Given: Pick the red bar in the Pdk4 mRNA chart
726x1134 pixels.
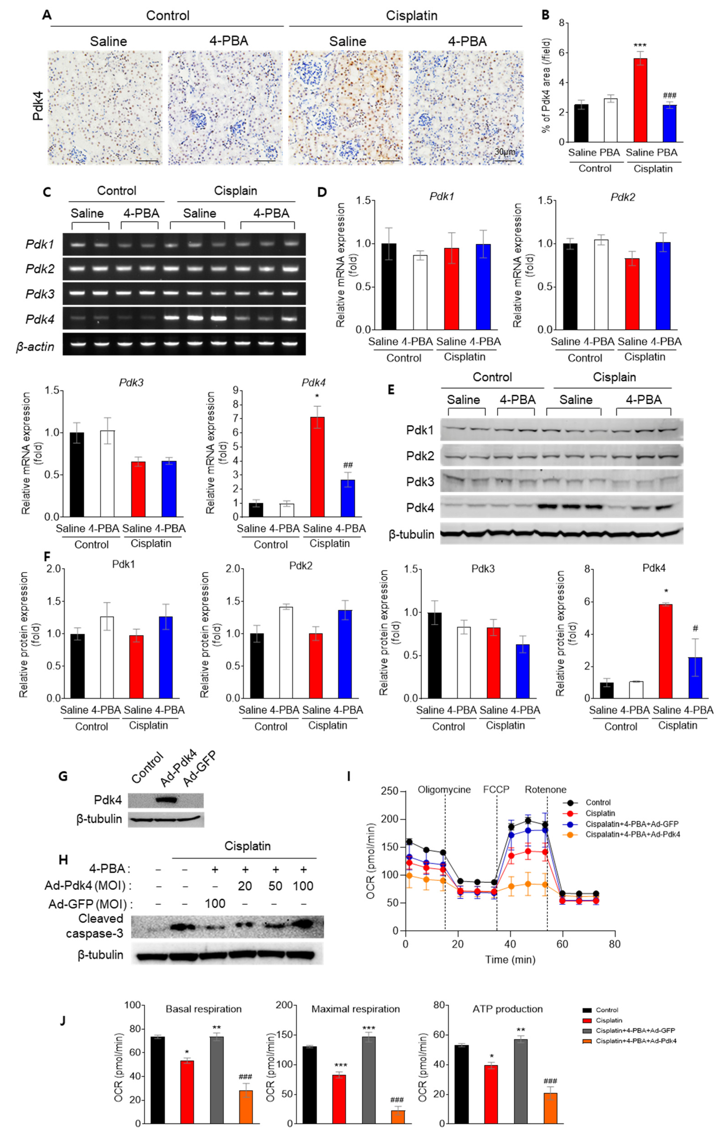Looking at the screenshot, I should [317, 467].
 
